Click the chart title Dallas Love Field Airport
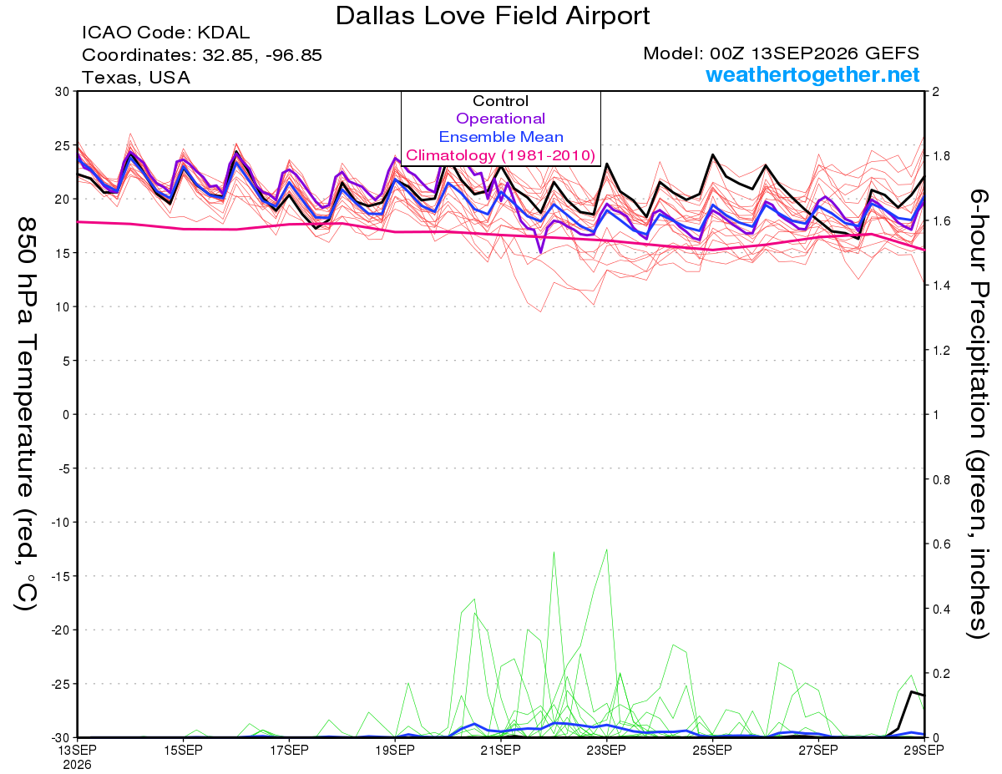pyautogui.click(x=493, y=16)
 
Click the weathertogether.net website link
pyautogui.click(x=812, y=74)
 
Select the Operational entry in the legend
pyautogui.click(x=500, y=119)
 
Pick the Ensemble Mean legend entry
pyautogui.click(x=501, y=137)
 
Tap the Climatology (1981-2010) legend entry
pyautogui.click(x=501, y=155)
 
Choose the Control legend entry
pyautogui.click(x=501, y=101)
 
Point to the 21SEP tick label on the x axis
pyautogui.click(x=500, y=750)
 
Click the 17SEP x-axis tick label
pyautogui.click(x=289, y=750)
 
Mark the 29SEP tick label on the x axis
pyautogui.click(x=924, y=750)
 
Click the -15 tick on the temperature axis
pyautogui.click(x=60, y=576)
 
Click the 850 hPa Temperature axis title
pyautogui.click(x=26, y=414)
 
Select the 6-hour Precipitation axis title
pyautogui.click(x=977, y=413)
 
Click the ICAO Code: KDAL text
pyautogui.click(x=165, y=33)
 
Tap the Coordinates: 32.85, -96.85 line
pyautogui.click(x=201, y=55)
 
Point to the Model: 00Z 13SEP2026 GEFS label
pyautogui.click(x=781, y=53)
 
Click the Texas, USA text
pyautogui.click(x=136, y=78)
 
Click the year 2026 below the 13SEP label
pyautogui.click(x=77, y=765)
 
